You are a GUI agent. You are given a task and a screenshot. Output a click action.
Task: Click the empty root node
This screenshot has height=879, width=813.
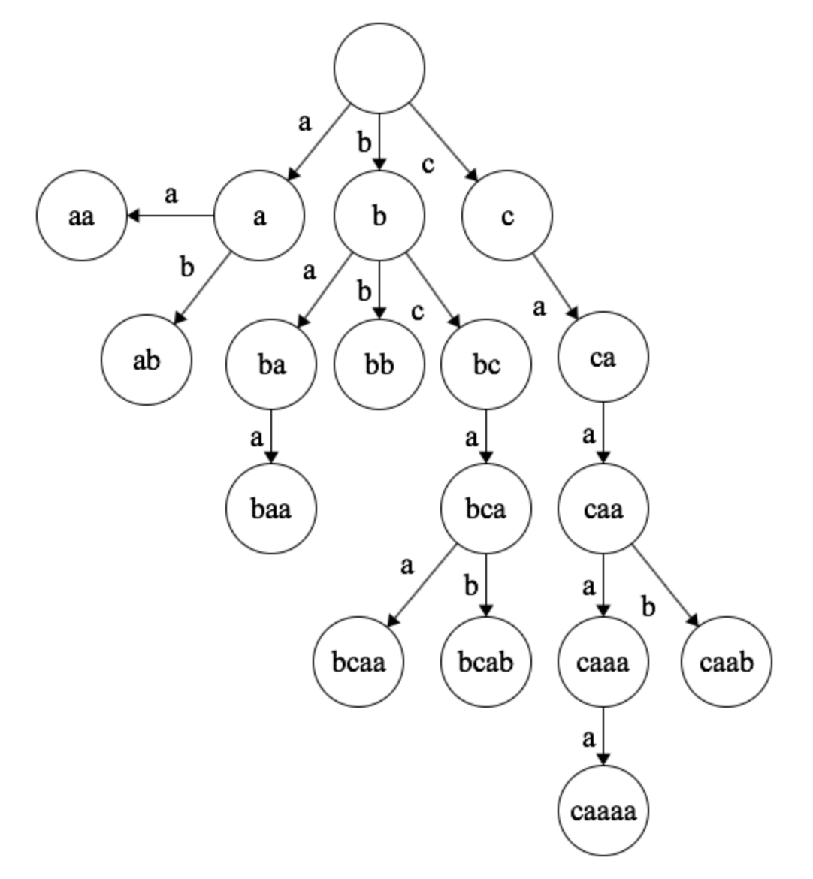(x=379, y=68)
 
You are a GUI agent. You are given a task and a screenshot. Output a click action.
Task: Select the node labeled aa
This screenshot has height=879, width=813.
(x=81, y=217)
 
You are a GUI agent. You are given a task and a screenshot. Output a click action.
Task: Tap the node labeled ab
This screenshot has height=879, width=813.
(x=147, y=361)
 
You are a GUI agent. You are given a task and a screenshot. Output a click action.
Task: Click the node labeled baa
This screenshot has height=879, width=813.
(x=270, y=508)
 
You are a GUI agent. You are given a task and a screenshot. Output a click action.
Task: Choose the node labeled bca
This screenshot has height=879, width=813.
(x=486, y=508)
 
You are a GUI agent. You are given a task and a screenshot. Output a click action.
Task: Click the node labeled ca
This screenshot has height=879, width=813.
(x=603, y=358)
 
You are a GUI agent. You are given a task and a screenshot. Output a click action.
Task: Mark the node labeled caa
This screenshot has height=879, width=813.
(x=603, y=509)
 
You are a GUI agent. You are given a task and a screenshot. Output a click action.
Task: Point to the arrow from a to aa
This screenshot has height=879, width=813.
(x=171, y=216)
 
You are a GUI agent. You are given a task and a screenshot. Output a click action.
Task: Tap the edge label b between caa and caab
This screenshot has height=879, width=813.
(x=649, y=606)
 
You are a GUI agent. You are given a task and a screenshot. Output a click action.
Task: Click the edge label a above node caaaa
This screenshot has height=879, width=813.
(x=588, y=738)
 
